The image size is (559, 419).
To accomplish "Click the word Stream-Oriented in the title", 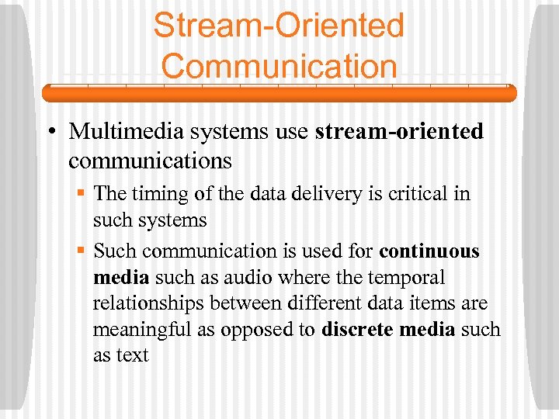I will [279, 25].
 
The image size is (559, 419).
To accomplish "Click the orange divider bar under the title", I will [279, 94].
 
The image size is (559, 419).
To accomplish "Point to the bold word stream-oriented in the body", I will [399, 132].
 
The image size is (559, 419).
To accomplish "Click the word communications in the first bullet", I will [150, 161].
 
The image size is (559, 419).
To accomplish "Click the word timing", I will [157, 193].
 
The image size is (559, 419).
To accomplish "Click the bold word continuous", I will [429, 251].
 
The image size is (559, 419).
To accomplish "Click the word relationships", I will [147, 303].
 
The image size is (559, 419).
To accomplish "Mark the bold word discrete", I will [356, 329].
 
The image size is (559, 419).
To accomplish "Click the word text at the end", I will [133, 355].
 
